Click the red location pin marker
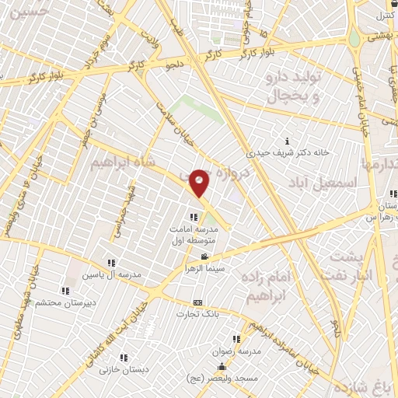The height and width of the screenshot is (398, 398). coord(200,183)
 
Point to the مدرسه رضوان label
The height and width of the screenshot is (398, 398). coord(236,351)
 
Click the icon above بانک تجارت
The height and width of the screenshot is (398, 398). coord(197,302)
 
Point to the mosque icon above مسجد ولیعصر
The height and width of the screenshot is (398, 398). coord(222,366)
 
